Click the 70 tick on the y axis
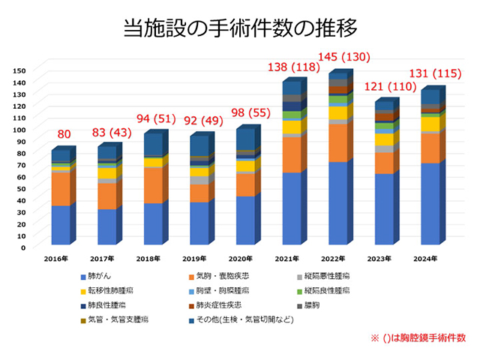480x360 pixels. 21,164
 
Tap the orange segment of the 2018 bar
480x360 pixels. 154,184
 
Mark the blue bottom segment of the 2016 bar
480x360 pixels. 61,225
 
